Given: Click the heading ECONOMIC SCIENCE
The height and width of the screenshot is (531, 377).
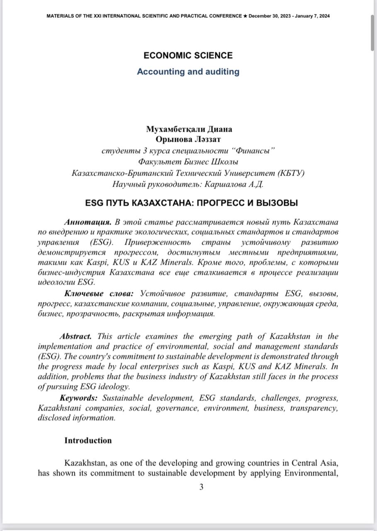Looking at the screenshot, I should point(188,56).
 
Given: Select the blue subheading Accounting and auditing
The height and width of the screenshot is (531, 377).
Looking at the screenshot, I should point(188,72).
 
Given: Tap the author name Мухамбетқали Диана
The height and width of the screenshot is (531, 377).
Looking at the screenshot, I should point(189,129).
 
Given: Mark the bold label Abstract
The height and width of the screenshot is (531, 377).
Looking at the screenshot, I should point(75,336).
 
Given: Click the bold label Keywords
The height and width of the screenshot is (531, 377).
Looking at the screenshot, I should point(78,398).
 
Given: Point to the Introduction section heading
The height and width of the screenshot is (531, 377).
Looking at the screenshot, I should point(88,441).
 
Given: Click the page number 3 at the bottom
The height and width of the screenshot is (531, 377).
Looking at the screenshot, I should point(201,487).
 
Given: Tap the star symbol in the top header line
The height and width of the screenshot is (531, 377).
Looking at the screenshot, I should point(245,16).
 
